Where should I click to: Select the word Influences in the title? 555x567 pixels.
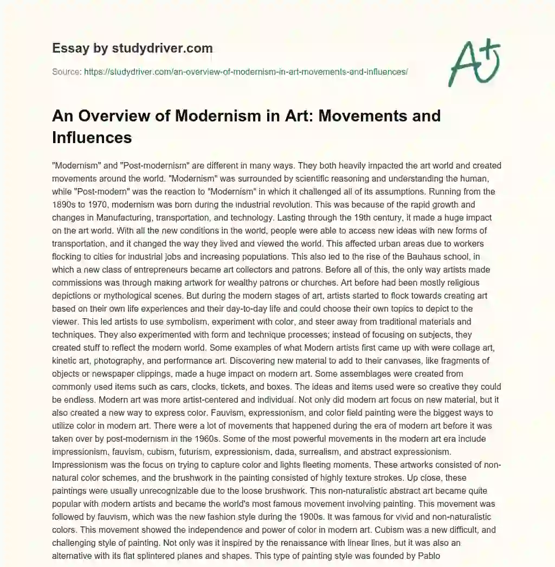click(x=92, y=137)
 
